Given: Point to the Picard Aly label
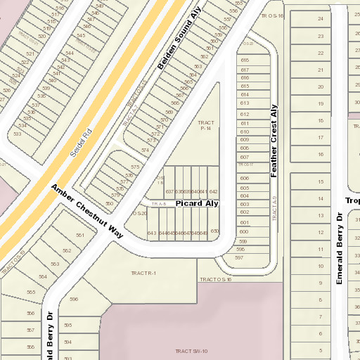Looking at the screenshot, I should (197, 203).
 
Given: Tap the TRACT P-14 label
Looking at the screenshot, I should (206, 126).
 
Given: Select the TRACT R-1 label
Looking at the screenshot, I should (143, 273).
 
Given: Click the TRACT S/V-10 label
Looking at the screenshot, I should (191, 350).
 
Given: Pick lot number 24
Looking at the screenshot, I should (321, 18).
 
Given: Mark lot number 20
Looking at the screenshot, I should (321, 86).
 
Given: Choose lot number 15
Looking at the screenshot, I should (321, 181).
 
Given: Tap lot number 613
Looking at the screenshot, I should (245, 103).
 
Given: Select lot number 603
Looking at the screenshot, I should (244, 204).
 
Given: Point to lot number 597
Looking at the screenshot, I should (239, 258).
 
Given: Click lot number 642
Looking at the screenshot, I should (213, 191).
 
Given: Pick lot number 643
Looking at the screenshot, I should (152, 233).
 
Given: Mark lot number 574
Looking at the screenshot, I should (145, 150).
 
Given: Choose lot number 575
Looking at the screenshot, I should (134, 167).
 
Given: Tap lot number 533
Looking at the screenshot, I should (17, 134).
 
